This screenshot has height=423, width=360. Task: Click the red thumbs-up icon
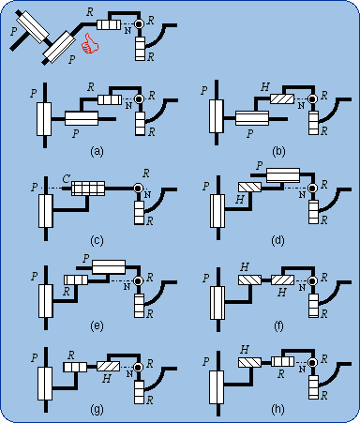(90, 43)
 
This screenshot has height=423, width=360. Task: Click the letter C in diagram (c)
(67, 175)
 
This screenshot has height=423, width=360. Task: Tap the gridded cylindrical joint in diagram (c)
(85, 188)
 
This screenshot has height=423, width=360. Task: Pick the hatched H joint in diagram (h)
(250, 361)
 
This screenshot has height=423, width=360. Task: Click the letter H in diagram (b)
(269, 85)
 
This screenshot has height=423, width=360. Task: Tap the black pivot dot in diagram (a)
(137, 98)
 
